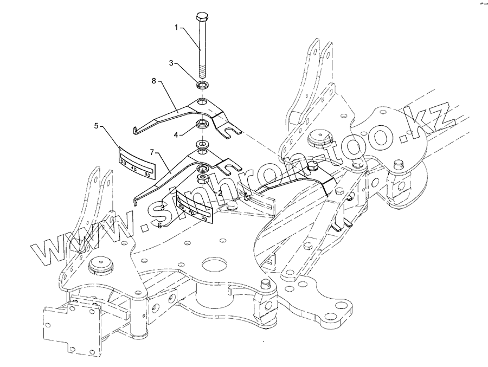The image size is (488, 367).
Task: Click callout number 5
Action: (96, 126)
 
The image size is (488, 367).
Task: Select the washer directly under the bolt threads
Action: (203, 86)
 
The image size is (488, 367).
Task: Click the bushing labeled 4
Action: (203, 124)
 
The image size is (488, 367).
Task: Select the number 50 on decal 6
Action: (204, 218)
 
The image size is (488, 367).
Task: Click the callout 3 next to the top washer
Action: (171, 63)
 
